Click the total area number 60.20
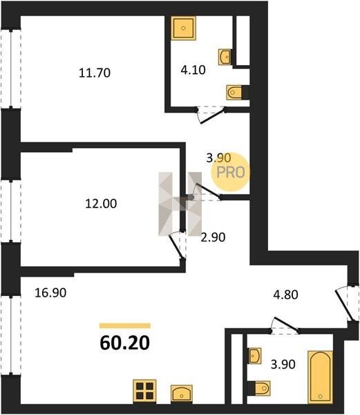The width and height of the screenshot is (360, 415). pyautogui.click(x=125, y=343)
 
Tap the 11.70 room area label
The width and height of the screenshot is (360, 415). pyautogui.click(x=95, y=73)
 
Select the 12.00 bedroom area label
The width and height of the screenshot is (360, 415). pyautogui.click(x=101, y=204)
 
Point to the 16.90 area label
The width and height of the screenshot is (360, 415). pyautogui.click(x=50, y=293)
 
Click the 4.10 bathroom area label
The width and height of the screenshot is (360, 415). pyautogui.click(x=193, y=70)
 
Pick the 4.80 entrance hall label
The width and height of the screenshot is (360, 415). pyautogui.click(x=286, y=295)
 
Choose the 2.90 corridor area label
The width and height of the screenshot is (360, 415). pyautogui.click(x=213, y=237)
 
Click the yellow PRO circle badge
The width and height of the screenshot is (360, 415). pyautogui.click(x=231, y=172)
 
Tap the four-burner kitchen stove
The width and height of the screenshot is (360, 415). pyautogui.click(x=144, y=391)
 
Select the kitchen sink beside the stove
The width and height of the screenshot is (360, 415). pyautogui.click(x=182, y=394)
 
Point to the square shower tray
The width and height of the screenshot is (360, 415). pyautogui.click(x=183, y=28)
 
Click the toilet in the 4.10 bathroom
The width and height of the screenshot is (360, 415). pyautogui.click(x=234, y=93)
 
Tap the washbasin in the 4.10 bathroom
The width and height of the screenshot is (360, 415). pyautogui.click(x=225, y=57)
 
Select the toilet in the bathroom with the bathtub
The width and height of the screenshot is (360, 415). pyautogui.click(x=263, y=389)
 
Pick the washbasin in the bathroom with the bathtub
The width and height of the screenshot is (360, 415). pyautogui.click(x=255, y=356)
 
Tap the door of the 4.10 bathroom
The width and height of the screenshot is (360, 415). pyautogui.click(x=211, y=116)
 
